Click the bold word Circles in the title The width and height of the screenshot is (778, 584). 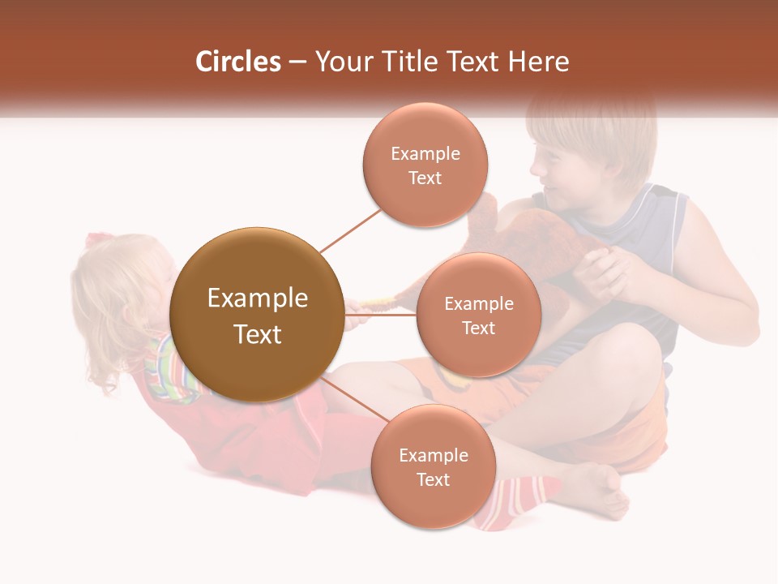(x=238, y=62)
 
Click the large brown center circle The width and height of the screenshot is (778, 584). (x=257, y=315)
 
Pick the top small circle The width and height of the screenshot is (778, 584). (x=425, y=165)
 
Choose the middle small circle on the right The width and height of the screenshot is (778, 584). (x=478, y=315)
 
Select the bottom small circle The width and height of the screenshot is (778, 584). (x=433, y=466)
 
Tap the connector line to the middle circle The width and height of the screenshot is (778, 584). (x=381, y=315)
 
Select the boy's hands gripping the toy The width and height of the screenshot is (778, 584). (x=605, y=273)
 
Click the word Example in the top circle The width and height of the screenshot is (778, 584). (x=425, y=153)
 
